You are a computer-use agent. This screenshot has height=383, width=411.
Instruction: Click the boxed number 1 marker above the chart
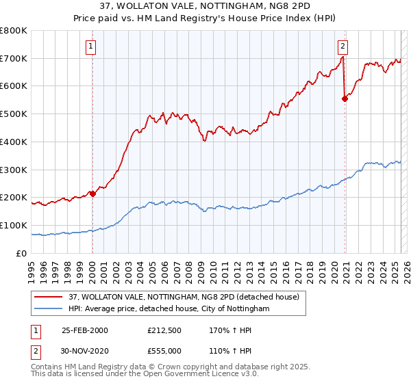coord(92,47)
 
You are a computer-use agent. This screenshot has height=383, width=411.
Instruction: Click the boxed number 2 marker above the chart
coord(342,47)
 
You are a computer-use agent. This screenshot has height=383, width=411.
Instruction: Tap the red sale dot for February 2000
coord(92,194)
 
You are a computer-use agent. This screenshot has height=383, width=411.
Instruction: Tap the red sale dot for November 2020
coord(345,98)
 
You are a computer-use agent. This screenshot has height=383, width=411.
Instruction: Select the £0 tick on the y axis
coord(22,253)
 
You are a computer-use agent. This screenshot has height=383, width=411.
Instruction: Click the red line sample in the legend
coord(48,298)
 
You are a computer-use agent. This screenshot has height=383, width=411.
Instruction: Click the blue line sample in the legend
coord(48,309)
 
